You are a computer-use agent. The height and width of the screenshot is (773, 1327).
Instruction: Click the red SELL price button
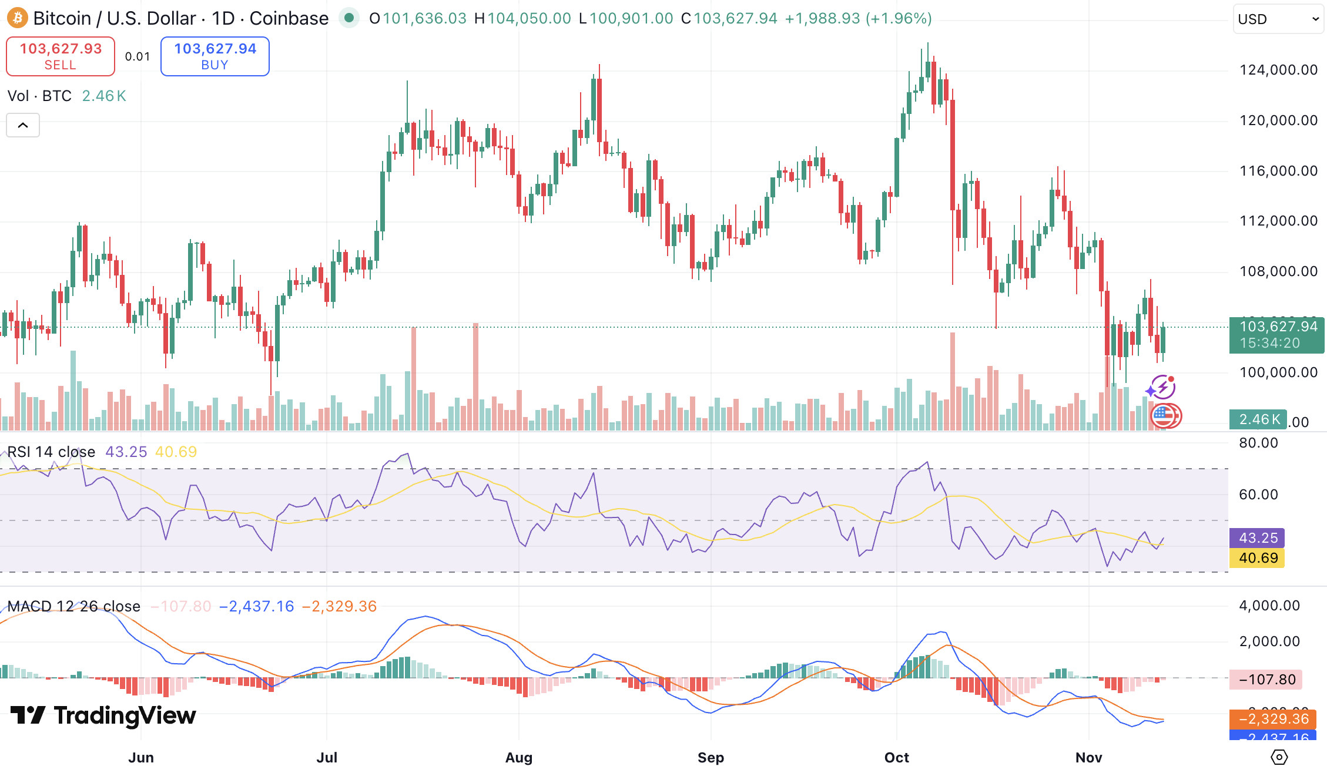click(x=61, y=56)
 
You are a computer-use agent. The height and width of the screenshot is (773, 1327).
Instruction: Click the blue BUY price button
click(x=215, y=56)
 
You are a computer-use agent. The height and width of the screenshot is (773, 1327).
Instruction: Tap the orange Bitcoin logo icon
click(x=17, y=18)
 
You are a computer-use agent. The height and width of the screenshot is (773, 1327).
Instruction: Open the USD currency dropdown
click(x=1278, y=19)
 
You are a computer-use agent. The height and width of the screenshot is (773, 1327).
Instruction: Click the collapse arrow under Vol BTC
click(x=23, y=125)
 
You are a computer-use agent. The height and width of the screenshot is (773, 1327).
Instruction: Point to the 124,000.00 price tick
click(x=1278, y=70)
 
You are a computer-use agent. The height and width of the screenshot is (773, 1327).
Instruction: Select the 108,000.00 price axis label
click(x=1278, y=271)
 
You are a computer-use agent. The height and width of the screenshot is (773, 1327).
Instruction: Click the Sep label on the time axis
click(x=711, y=758)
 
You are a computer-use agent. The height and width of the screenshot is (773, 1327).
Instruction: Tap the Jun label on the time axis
click(x=141, y=758)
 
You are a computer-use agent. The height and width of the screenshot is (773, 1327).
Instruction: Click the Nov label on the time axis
click(x=1088, y=758)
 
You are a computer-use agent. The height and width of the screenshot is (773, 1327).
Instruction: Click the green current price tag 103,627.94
click(x=1276, y=335)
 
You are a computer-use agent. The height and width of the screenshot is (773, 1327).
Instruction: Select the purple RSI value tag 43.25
click(x=1257, y=538)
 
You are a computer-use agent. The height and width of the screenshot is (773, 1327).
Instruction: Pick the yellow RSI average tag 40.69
click(x=1257, y=558)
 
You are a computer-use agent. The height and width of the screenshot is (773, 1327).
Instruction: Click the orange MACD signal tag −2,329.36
click(x=1273, y=719)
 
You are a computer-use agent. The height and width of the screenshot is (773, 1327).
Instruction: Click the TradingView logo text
click(x=103, y=715)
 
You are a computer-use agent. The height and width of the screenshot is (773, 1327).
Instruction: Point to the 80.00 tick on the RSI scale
click(x=1258, y=443)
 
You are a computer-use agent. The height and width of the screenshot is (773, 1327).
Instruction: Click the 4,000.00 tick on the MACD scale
click(x=1269, y=606)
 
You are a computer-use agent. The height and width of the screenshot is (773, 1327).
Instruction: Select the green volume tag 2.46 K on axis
click(x=1258, y=419)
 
